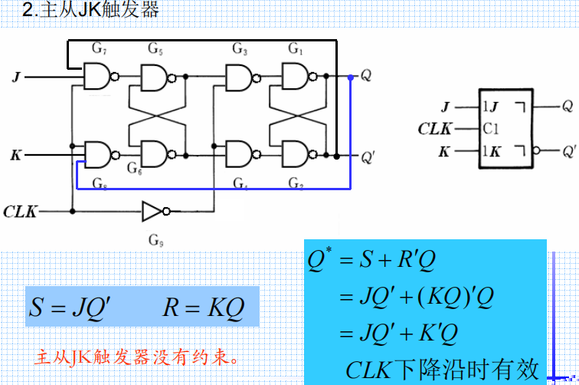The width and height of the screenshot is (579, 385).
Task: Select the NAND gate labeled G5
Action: pyautogui.click(x=154, y=77)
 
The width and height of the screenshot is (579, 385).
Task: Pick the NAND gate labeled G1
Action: pyautogui.click(x=295, y=77)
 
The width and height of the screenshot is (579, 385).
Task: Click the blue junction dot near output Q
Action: pyautogui.click(x=351, y=77)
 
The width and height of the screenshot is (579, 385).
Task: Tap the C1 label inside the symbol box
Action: pyautogui.click(x=492, y=128)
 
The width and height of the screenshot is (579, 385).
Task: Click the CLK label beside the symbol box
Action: pyautogui.click(x=435, y=129)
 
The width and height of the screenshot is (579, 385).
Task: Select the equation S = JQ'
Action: pyautogui.click(x=70, y=308)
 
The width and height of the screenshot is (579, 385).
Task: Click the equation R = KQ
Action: pyautogui.click(x=203, y=308)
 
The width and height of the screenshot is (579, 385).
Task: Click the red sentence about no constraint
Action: pyautogui.click(x=137, y=357)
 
